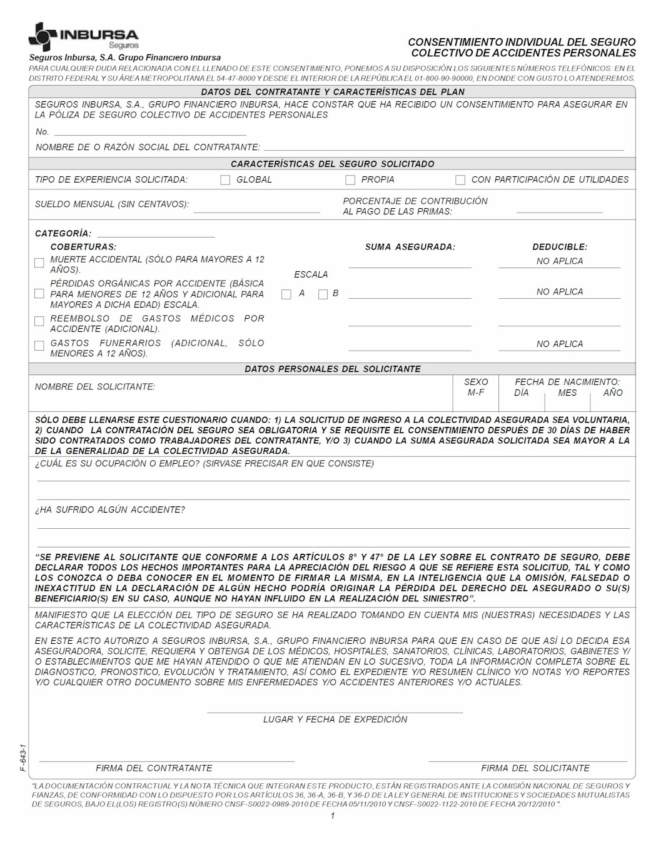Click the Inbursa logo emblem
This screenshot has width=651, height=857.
point(43,37)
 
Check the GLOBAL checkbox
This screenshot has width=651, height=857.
point(225,180)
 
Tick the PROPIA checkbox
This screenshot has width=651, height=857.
point(350,180)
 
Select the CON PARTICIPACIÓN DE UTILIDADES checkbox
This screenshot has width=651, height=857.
point(460,180)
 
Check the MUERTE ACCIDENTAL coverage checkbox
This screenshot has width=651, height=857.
point(39,263)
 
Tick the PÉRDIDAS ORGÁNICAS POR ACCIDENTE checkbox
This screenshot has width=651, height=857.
point(39,294)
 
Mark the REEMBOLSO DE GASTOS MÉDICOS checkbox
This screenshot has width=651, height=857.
point(39,321)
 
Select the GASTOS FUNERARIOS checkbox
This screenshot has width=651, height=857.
point(39,346)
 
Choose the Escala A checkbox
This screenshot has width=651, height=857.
point(286,294)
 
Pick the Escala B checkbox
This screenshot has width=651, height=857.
point(323,294)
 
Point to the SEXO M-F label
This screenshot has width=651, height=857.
point(476,387)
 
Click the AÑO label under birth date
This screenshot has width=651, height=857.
point(613,393)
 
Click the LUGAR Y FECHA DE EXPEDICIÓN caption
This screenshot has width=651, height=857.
point(335,719)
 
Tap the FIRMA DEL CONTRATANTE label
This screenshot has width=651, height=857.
point(154,768)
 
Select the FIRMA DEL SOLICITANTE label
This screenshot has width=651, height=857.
point(535,768)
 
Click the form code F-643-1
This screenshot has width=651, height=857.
point(23,758)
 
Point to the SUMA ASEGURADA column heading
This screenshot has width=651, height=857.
point(410,247)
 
